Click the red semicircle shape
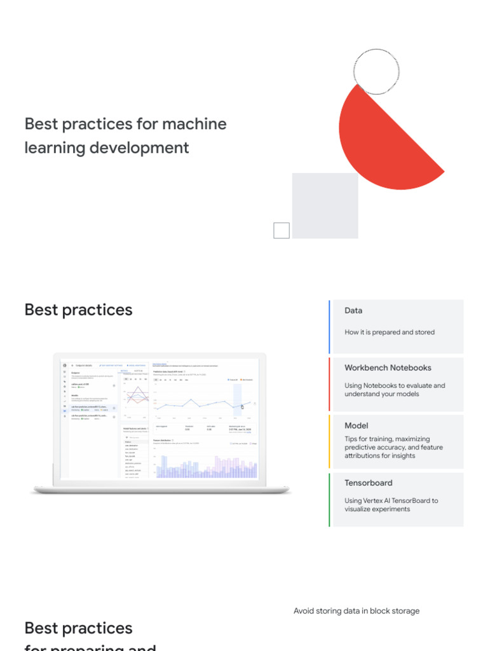381,143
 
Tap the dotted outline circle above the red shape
376,71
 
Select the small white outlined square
281,230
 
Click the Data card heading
353,311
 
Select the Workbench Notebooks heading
388,367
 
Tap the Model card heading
356,425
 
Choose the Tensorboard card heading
369,483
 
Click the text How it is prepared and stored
390,332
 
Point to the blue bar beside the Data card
330,327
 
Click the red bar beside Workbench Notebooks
330,384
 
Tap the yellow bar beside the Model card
330,442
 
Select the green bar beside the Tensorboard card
330,499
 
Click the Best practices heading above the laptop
78,310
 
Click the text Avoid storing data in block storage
356,611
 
